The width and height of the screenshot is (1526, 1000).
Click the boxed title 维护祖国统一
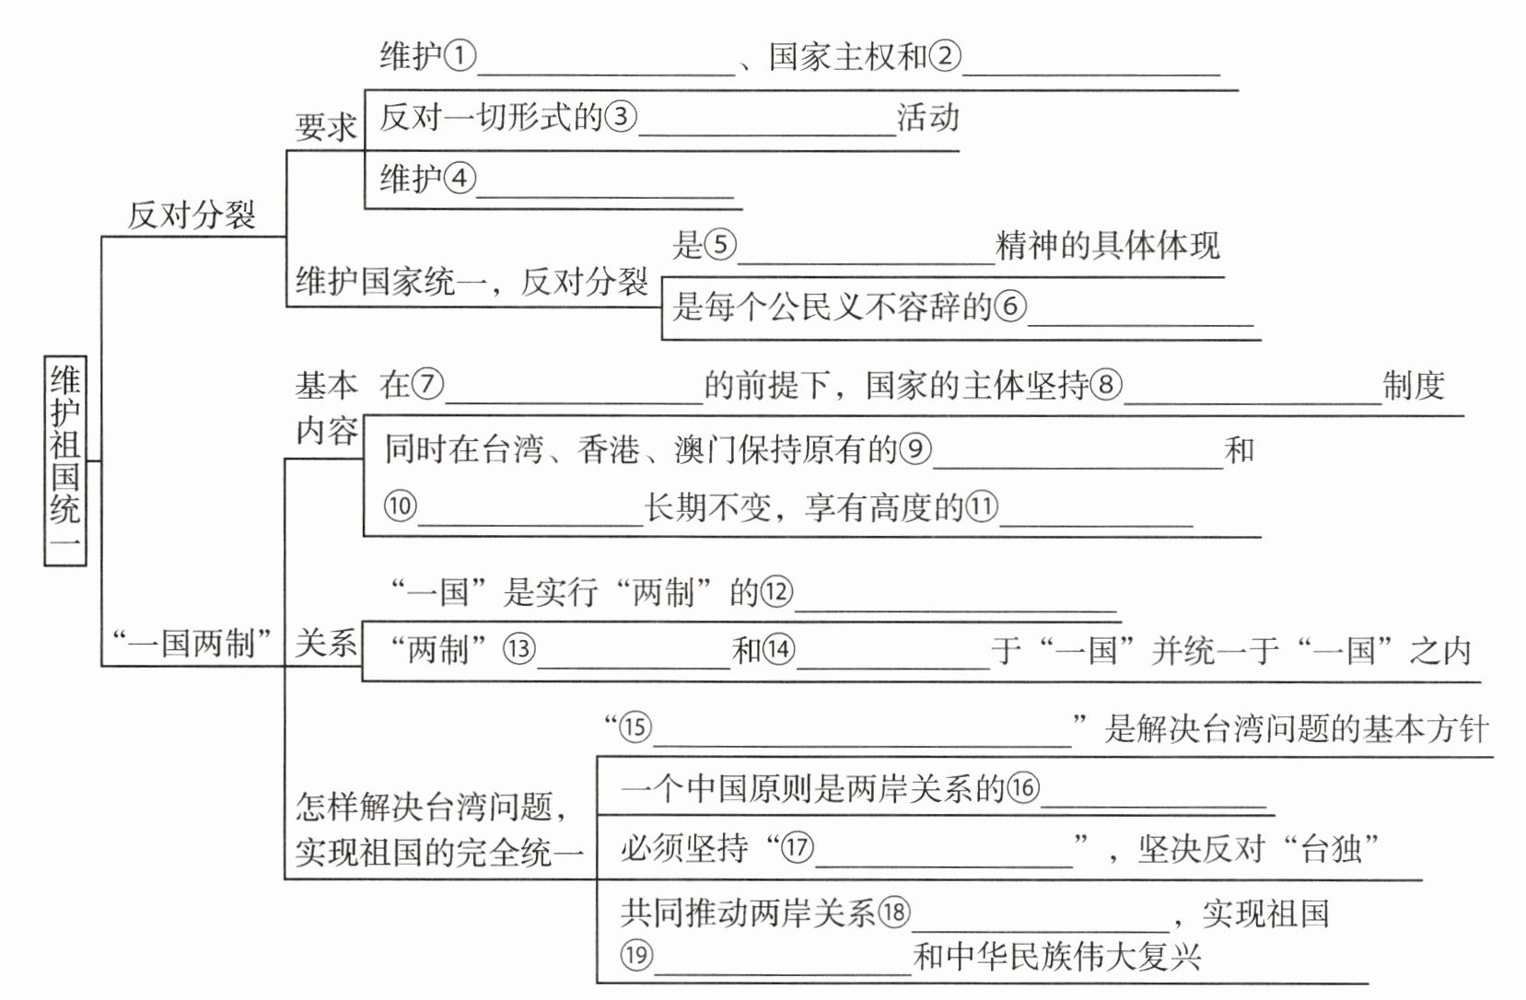65,460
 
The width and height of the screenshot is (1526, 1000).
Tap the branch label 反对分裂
192,215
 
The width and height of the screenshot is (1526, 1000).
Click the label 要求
325,127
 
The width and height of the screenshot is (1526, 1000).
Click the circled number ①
460,57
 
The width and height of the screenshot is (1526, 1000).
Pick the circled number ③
621,117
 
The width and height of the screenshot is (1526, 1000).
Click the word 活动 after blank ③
928,118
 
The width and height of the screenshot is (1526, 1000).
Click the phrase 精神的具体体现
1108,246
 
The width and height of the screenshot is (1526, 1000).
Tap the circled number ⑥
1010,307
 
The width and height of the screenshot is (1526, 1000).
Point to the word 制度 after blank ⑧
1414,385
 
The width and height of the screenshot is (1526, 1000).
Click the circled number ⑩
400,506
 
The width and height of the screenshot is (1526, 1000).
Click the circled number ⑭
778,650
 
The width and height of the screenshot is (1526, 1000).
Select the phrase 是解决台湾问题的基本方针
1297,729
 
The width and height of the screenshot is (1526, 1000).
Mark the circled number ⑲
636,956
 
